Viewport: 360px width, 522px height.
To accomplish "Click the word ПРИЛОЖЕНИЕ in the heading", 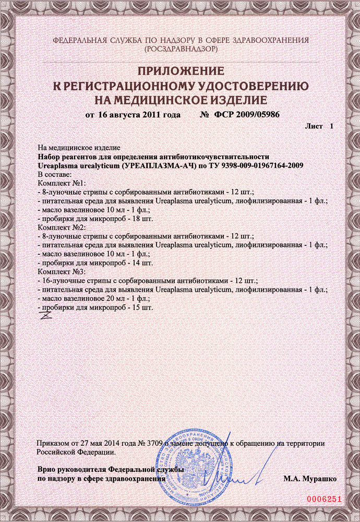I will click(180, 71).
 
